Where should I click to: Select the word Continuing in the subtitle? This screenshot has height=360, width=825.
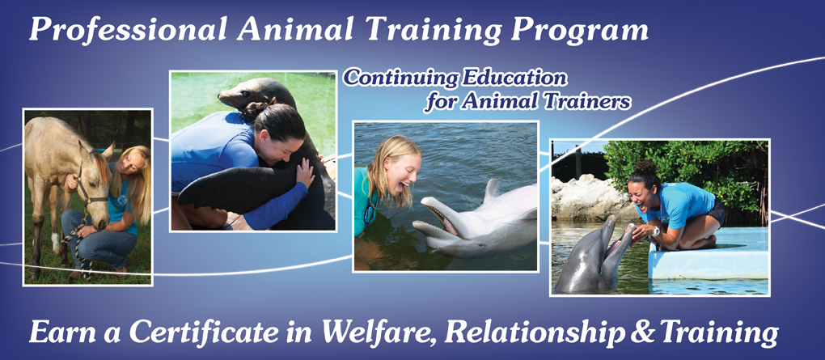400,78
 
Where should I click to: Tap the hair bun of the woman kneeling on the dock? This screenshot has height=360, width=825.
645,169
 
